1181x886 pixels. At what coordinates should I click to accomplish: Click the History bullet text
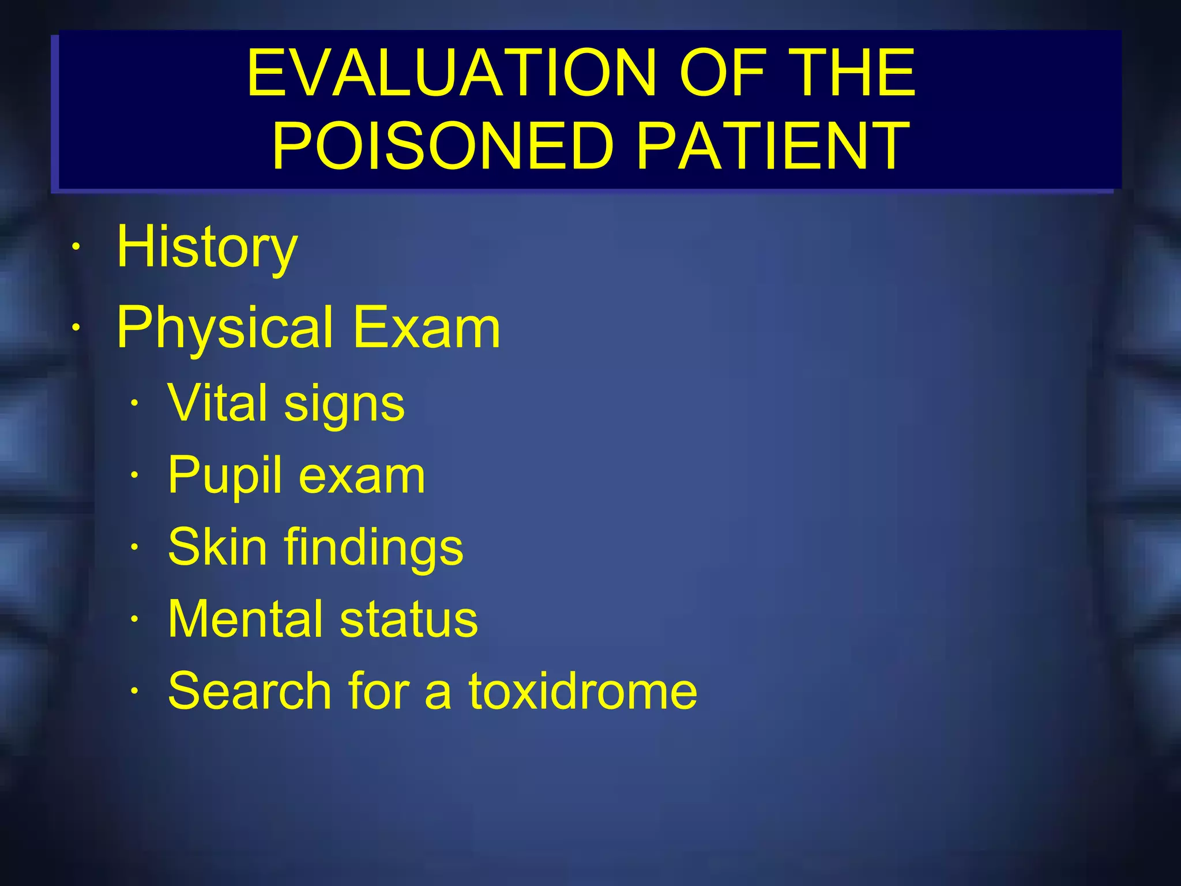(x=207, y=247)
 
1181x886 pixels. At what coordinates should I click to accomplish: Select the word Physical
(x=225, y=328)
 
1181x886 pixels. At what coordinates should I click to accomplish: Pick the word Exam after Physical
(x=427, y=328)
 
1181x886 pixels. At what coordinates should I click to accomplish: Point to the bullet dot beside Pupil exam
(x=134, y=476)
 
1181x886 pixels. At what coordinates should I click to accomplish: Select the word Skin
(x=218, y=547)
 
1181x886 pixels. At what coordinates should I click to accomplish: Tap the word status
(x=409, y=618)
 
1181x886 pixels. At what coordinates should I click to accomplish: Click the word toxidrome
(x=582, y=690)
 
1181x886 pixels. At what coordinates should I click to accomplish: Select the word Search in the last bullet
(x=250, y=690)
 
